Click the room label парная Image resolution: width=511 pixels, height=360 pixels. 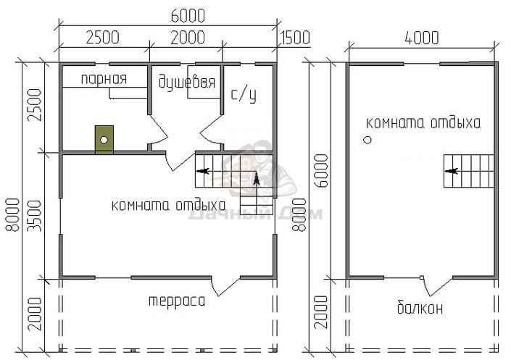[x=104, y=79]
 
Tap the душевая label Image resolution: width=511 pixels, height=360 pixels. [x=187, y=82]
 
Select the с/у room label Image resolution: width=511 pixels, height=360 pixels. [x=244, y=95]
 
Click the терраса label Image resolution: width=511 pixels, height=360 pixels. [x=177, y=301]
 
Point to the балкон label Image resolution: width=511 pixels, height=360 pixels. [x=420, y=307]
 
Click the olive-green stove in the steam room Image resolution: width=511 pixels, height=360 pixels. [x=104, y=140]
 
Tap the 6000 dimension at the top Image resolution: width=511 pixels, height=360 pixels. [x=188, y=16]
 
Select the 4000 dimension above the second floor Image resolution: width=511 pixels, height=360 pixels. [x=422, y=38]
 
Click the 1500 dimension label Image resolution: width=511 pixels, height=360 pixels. [x=294, y=38]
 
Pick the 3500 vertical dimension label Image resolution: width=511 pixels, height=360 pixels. [x=35, y=216]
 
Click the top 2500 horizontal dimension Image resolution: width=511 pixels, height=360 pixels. [x=102, y=38]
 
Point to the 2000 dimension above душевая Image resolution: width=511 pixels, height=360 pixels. [x=188, y=38]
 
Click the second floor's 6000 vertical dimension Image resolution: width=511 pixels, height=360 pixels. [x=320, y=171]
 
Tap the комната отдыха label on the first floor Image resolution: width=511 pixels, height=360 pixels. [x=168, y=206]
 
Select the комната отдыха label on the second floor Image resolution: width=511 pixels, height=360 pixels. [x=423, y=123]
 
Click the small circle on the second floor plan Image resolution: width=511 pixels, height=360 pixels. [x=367, y=140]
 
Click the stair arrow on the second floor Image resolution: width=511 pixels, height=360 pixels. [x=452, y=171]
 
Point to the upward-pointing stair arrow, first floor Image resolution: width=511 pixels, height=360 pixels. [x=257, y=180]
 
